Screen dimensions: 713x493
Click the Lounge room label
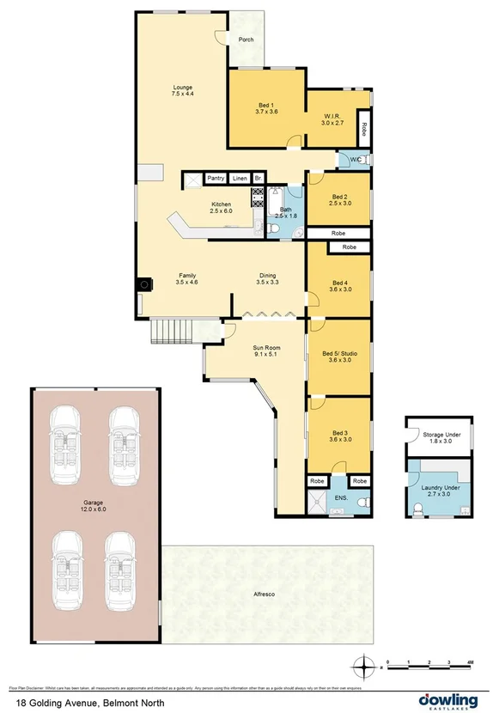pyautogui.click(x=181, y=87)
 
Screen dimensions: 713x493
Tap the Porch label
pyautogui.click(x=246, y=39)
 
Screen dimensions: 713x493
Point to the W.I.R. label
pyautogui.click(x=332, y=118)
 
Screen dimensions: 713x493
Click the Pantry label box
pyautogui.click(x=216, y=178)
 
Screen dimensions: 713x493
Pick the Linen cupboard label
pyautogui.click(x=240, y=178)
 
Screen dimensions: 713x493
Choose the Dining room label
pyautogui.click(x=268, y=277)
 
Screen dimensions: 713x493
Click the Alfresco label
pyautogui.click(x=264, y=594)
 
